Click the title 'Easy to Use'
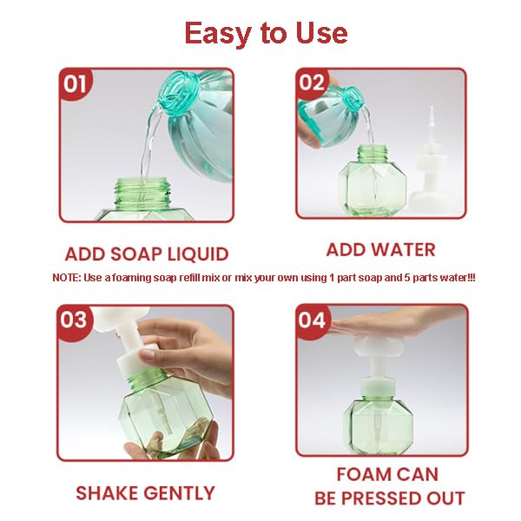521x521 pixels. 266,33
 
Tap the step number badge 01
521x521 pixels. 75,83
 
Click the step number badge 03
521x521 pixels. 74,320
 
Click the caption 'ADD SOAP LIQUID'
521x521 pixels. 147,254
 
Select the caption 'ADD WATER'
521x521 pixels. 380,250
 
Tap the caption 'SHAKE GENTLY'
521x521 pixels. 145,493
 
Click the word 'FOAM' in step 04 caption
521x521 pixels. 359,475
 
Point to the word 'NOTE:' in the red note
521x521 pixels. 67,277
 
